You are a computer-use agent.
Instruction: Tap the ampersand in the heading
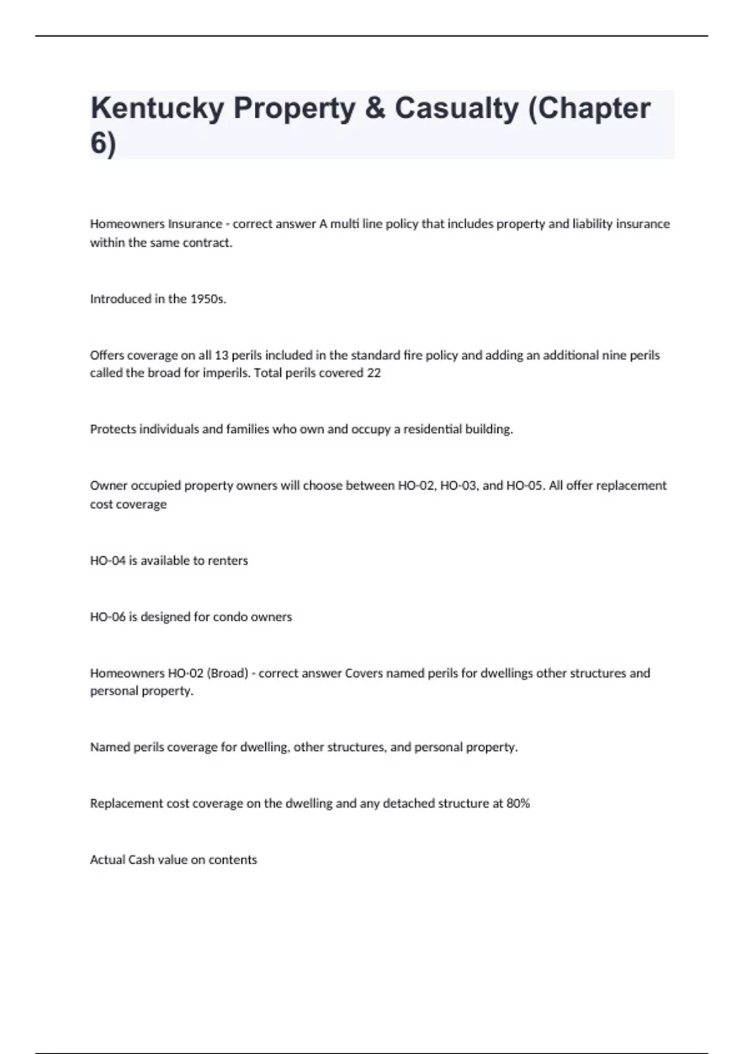click(375, 108)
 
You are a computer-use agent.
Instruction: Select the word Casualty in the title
click(456, 108)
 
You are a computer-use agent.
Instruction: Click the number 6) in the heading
click(103, 144)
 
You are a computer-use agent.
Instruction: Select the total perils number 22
click(373, 373)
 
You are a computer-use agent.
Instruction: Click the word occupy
click(371, 429)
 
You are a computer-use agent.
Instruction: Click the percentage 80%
click(518, 804)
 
